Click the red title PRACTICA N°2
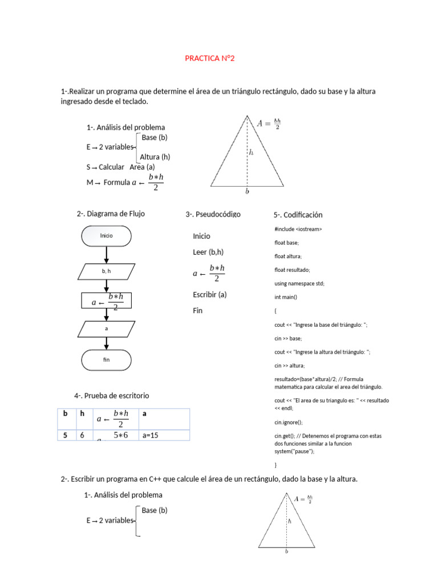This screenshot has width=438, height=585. point(209,58)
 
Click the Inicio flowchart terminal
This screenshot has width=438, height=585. point(107,235)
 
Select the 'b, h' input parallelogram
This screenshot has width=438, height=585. point(107,271)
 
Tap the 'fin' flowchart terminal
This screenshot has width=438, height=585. point(107,360)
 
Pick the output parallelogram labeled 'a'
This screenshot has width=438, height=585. point(107,329)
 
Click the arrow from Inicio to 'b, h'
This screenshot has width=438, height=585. point(107,255)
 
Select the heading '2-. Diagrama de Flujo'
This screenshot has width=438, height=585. point(111,214)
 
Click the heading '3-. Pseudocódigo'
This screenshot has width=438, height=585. point(213,214)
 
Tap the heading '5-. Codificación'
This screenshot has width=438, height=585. point(298,215)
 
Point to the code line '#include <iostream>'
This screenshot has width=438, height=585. point(298,229)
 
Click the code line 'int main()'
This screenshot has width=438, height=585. point(286,297)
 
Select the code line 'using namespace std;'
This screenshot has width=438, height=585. point(299,283)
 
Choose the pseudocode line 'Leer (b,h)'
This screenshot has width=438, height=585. point(208,252)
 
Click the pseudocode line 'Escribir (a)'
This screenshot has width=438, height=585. point(210,295)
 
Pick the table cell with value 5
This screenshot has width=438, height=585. point(66,435)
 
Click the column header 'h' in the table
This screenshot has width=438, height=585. point(82,413)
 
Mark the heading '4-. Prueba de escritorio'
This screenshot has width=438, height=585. point(112,395)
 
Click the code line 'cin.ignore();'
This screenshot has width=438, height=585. point(289,422)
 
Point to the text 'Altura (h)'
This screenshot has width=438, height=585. point(155,157)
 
